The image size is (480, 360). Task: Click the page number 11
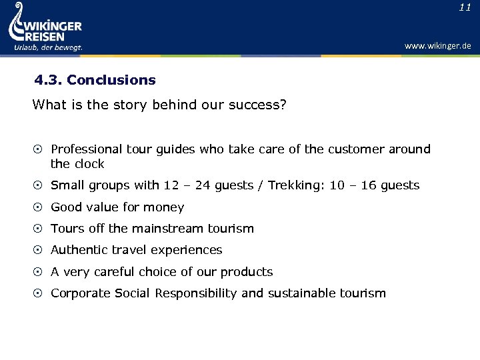(465, 7)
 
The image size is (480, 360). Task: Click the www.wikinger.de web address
(437, 46)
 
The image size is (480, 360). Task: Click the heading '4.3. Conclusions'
(95, 80)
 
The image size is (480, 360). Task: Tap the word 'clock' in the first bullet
(89, 164)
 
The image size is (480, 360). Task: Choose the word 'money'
(163, 207)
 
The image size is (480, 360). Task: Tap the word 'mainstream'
(163, 229)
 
